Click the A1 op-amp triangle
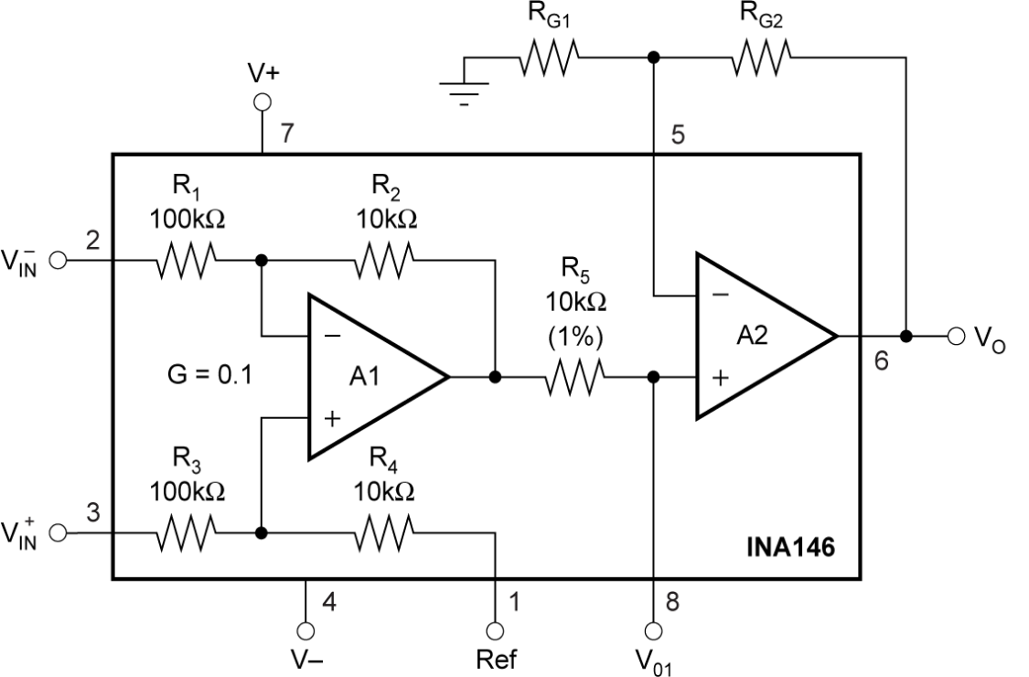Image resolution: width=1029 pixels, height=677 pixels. (370, 377)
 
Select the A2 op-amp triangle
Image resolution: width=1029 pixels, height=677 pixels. (759, 337)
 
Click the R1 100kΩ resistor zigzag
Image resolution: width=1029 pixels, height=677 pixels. (187, 261)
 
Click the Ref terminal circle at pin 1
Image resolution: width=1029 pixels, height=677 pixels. (495, 630)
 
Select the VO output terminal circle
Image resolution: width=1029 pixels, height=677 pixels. (957, 336)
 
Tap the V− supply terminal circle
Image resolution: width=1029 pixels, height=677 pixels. (305, 630)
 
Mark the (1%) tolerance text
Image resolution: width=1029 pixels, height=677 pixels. (574, 337)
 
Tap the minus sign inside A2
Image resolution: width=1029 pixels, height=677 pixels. (721, 296)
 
